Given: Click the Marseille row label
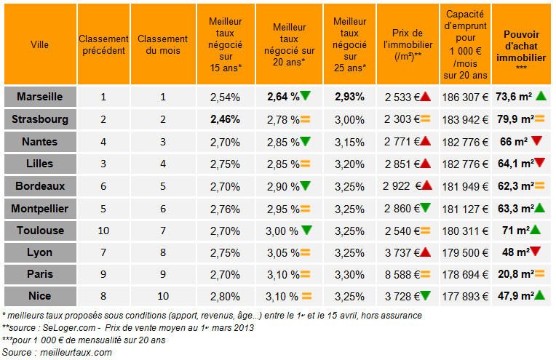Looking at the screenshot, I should [x=39, y=96].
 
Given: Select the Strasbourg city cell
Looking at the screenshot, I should [x=39, y=119].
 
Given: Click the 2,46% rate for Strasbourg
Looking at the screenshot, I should [x=224, y=119].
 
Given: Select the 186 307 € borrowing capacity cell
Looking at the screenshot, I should [x=464, y=96].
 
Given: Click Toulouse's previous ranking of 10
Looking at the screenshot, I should [x=103, y=230].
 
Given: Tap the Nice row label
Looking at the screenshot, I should [x=39, y=296].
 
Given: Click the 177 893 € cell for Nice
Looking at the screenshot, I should [x=464, y=296].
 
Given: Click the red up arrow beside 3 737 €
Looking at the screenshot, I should [x=425, y=252].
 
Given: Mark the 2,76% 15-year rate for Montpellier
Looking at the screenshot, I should [x=224, y=208].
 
